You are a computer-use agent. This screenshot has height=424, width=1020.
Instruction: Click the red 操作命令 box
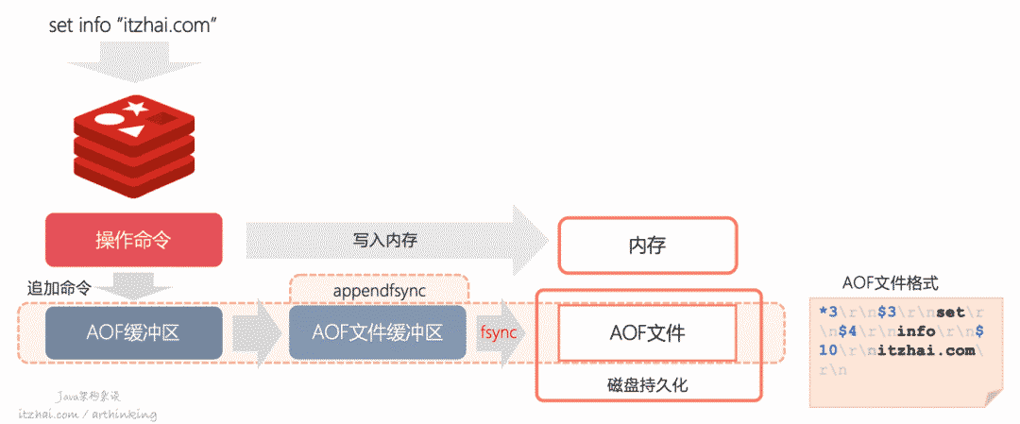coord(134,240)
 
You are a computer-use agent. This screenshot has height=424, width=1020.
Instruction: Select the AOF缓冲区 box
coord(134,332)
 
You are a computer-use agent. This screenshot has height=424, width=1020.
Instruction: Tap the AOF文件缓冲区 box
coord(378,332)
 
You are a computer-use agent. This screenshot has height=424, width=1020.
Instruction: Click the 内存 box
coord(647,246)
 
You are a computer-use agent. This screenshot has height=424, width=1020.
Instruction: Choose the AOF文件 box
coord(647,332)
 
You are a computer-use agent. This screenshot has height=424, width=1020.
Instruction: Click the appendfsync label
coord(378,290)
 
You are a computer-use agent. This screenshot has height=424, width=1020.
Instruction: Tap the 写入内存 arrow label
coord(385,240)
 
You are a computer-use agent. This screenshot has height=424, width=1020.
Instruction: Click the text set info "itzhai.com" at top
coord(134,25)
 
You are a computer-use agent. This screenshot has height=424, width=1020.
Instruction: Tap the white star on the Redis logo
coord(136,107)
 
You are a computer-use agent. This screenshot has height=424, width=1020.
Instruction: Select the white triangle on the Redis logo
coord(131,130)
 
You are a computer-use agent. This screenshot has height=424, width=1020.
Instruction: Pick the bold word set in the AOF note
coord(952,313)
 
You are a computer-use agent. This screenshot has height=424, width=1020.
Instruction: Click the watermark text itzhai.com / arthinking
coord(87,414)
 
